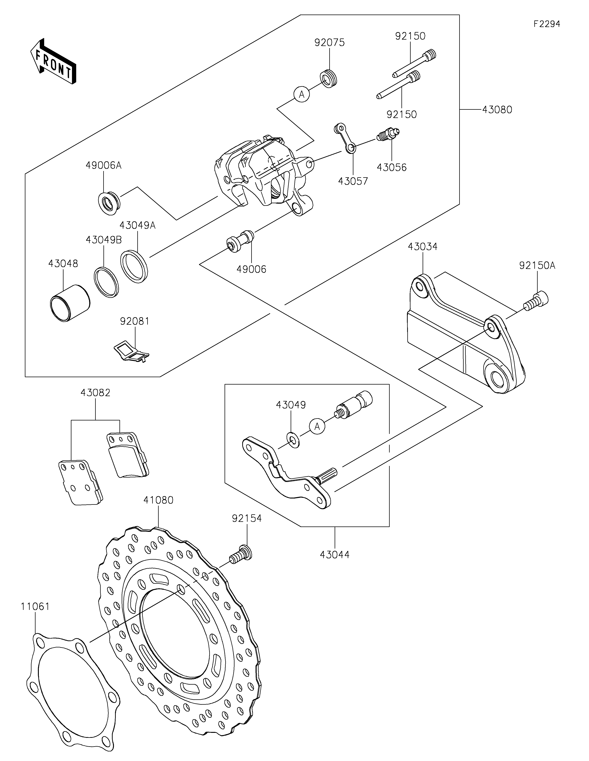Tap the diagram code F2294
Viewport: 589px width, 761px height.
pos(546,24)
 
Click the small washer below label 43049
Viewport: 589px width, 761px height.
pos(293,440)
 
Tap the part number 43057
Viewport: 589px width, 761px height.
pos(353,181)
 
